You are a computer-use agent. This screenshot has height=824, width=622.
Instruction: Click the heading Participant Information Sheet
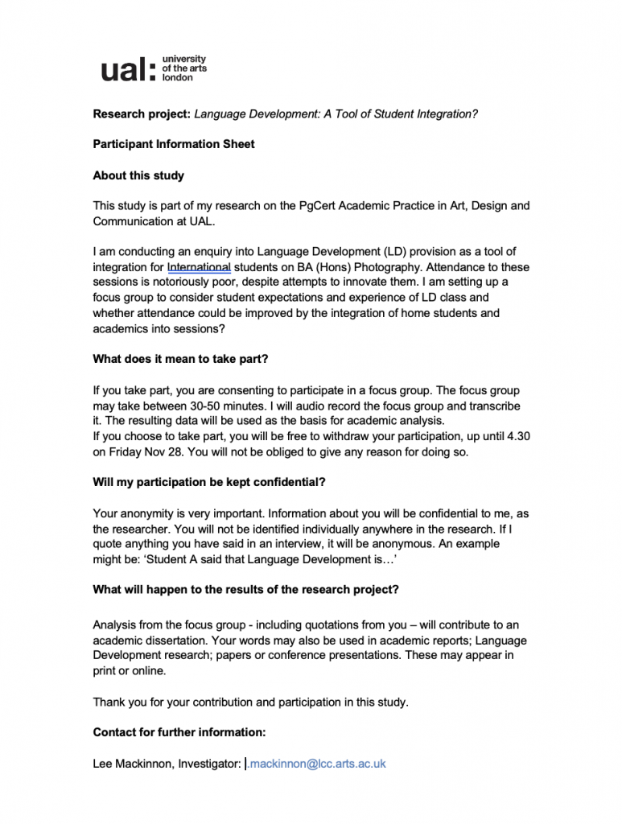(174, 145)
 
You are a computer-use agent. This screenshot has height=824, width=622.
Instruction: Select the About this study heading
(138, 175)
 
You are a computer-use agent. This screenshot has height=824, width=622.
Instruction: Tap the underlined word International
(200, 267)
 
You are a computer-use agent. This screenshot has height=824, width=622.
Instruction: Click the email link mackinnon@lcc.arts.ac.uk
(317, 764)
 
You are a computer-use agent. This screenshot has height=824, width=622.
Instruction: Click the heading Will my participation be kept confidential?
(209, 483)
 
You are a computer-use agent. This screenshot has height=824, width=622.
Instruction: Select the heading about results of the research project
(245, 590)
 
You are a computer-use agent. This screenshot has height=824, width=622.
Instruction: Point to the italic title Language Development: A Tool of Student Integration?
(336, 114)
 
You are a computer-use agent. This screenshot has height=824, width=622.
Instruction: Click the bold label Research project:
(142, 114)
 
